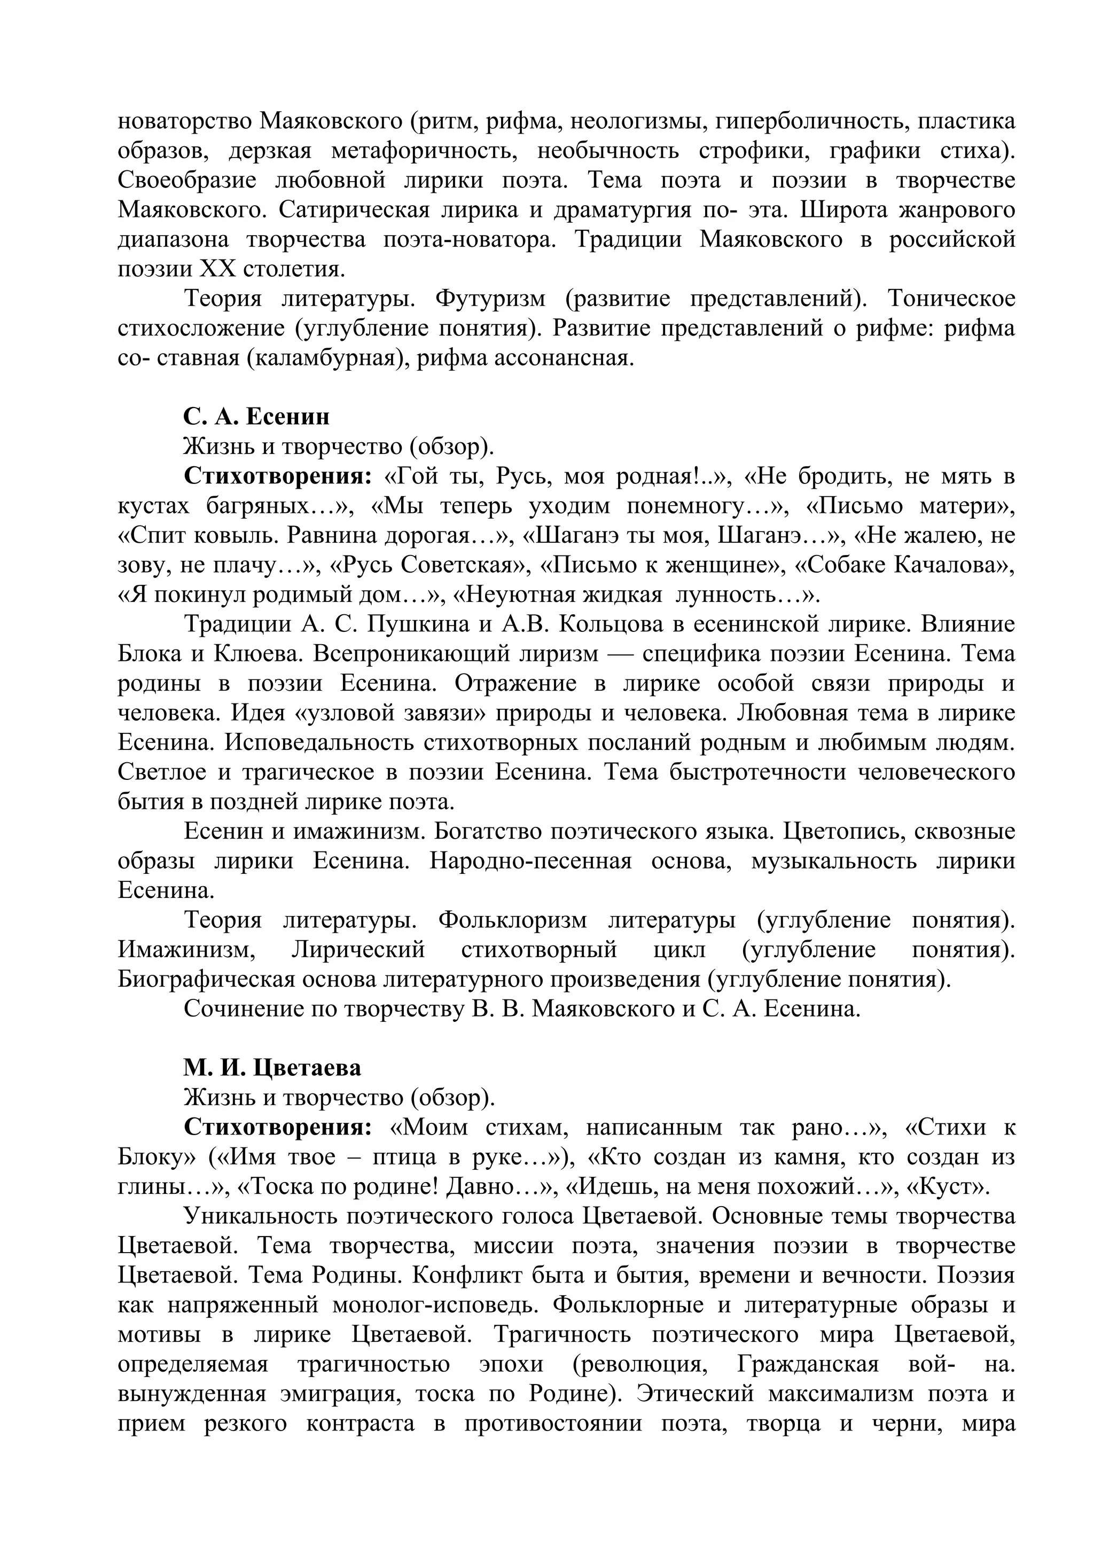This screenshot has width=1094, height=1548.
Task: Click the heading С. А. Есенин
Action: [256, 417]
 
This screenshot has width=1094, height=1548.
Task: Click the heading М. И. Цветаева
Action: [272, 1067]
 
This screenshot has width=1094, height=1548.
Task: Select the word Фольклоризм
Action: [512, 920]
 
